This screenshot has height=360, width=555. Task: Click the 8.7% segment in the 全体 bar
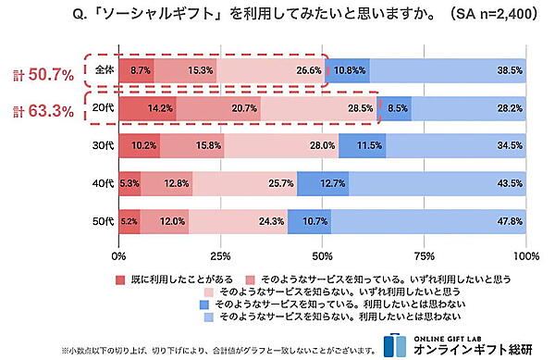[x=136, y=70]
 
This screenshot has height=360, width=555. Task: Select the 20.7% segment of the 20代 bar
[x=218, y=108]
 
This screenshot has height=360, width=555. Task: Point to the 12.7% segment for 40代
[x=323, y=184]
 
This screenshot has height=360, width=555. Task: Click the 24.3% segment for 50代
[x=238, y=222]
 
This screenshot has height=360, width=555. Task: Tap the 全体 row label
[x=101, y=70]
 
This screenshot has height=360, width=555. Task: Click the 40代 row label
[x=102, y=184]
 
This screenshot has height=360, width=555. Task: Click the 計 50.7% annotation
[x=39, y=74]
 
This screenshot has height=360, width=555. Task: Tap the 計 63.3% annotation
[x=39, y=113]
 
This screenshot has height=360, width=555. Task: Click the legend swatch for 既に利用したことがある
[x=120, y=278]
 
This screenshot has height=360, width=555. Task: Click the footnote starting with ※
[x=218, y=350]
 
